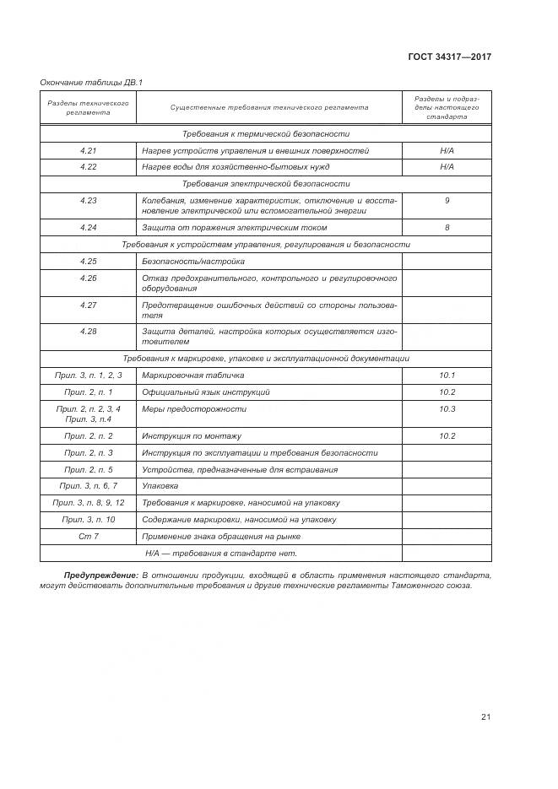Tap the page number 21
485,717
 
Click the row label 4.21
89,151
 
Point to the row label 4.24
89,228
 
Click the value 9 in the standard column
447,200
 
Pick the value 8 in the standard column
447,228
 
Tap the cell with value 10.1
447,375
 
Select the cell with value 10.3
447,409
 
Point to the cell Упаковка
160,486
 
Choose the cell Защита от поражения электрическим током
235,228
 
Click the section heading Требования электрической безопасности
266,183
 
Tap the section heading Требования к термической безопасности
266,134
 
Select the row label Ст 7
89,536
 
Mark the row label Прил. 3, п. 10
89,519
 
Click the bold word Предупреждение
100,575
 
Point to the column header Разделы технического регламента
89,107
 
